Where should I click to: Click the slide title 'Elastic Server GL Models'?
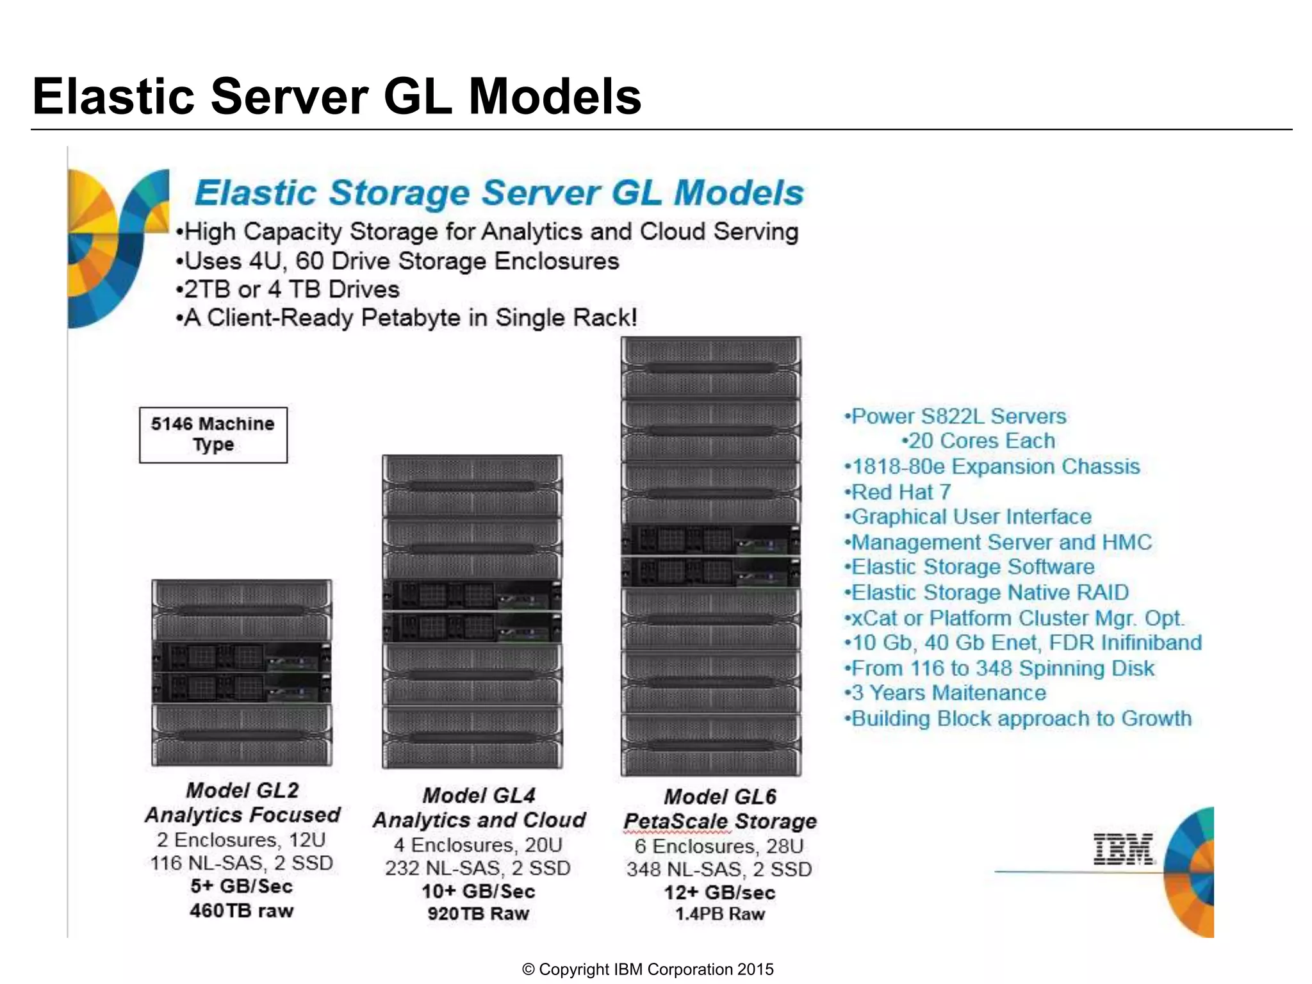337,96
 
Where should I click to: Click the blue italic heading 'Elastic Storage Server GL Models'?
499,192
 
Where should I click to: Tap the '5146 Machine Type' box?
213,434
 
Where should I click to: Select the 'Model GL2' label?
242,790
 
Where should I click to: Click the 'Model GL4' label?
479,795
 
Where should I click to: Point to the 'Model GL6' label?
720,796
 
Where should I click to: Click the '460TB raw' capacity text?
242,910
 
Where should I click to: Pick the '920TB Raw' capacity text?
479,914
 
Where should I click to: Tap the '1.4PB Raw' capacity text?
720,914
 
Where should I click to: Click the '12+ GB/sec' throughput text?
720,892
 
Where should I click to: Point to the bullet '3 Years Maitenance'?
946,693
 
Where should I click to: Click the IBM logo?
1122,849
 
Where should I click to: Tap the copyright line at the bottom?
648,969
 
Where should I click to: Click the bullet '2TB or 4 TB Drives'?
288,289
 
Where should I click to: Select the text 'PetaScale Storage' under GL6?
720,821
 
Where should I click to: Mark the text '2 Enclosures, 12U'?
242,839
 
